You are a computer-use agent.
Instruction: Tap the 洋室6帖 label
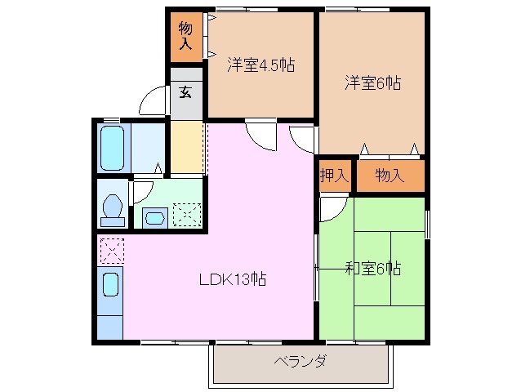[372, 82]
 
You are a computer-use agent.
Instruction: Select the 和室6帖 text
[372, 267]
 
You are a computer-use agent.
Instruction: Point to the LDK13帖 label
[233, 278]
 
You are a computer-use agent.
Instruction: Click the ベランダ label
[300, 362]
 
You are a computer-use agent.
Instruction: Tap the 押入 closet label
[335, 175]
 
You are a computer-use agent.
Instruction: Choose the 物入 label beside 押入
[390, 175]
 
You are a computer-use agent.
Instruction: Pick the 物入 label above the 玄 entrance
[186, 36]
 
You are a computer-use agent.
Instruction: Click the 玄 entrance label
[186, 91]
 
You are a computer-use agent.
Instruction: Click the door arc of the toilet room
[140, 193]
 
